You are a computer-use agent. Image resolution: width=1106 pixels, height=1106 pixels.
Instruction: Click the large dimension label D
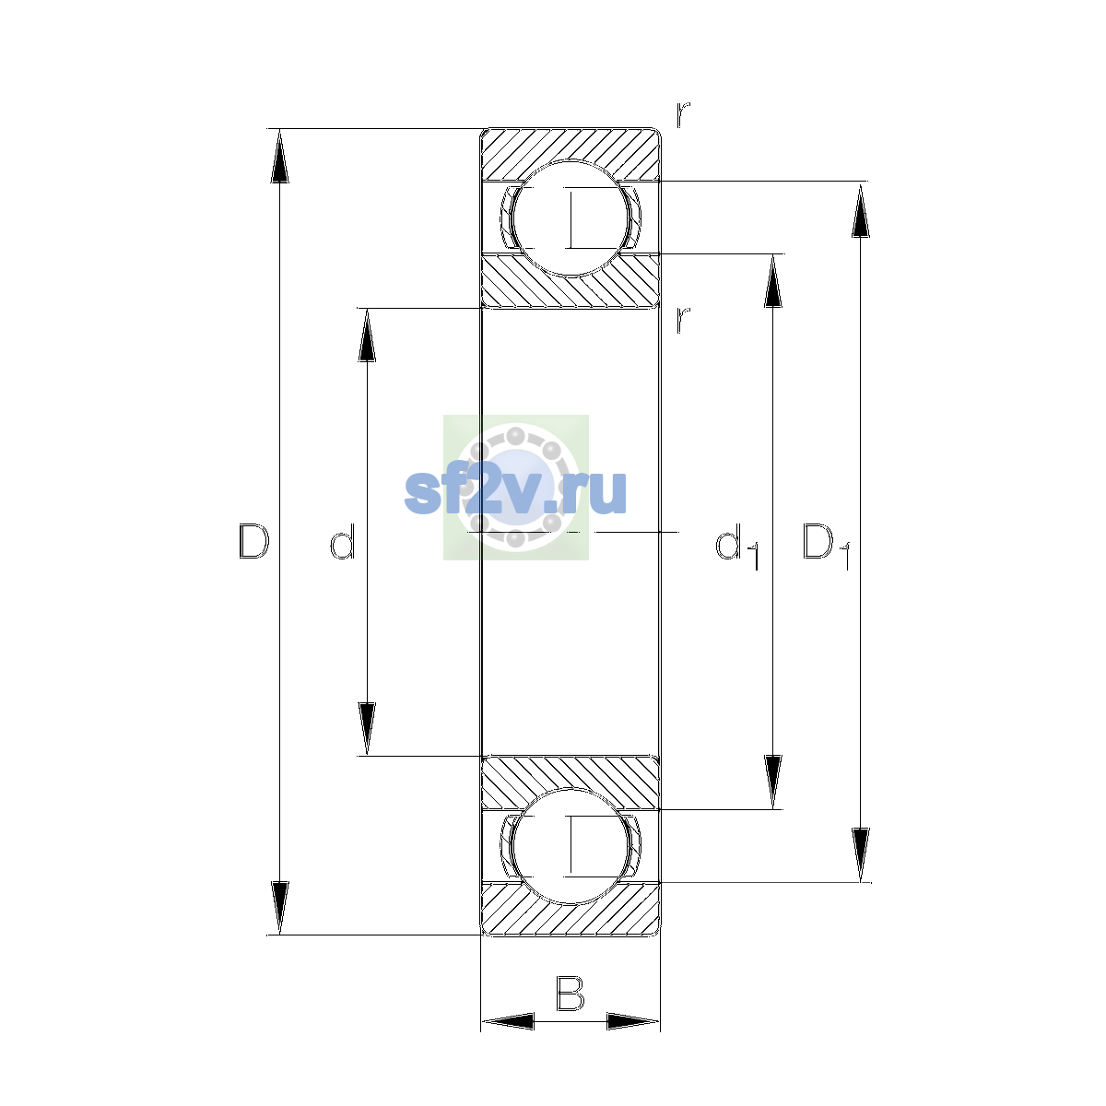(253, 541)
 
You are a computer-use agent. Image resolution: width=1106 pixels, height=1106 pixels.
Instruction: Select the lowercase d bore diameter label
(343, 541)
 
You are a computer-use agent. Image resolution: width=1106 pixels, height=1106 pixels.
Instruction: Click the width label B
(570, 994)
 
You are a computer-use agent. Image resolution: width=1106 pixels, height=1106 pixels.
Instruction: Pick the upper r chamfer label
(682, 115)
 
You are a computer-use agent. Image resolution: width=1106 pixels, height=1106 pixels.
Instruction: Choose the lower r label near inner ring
(682, 320)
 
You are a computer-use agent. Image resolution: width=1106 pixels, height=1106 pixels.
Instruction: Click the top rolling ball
(571, 218)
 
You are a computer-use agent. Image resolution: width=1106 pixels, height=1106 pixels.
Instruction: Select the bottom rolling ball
(571, 847)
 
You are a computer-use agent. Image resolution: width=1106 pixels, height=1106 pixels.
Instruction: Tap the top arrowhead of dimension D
(279, 156)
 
